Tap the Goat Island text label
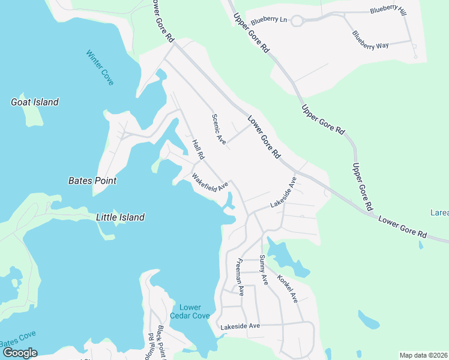point(35,102)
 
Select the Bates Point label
point(92,181)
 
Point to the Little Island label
point(120,217)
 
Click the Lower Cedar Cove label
point(190,311)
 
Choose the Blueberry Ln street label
point(270,20)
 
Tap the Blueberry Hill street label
point(388,10)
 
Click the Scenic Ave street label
point(218,129)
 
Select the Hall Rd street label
point(199,150)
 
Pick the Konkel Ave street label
point(288,288)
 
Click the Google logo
point(19,353)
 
